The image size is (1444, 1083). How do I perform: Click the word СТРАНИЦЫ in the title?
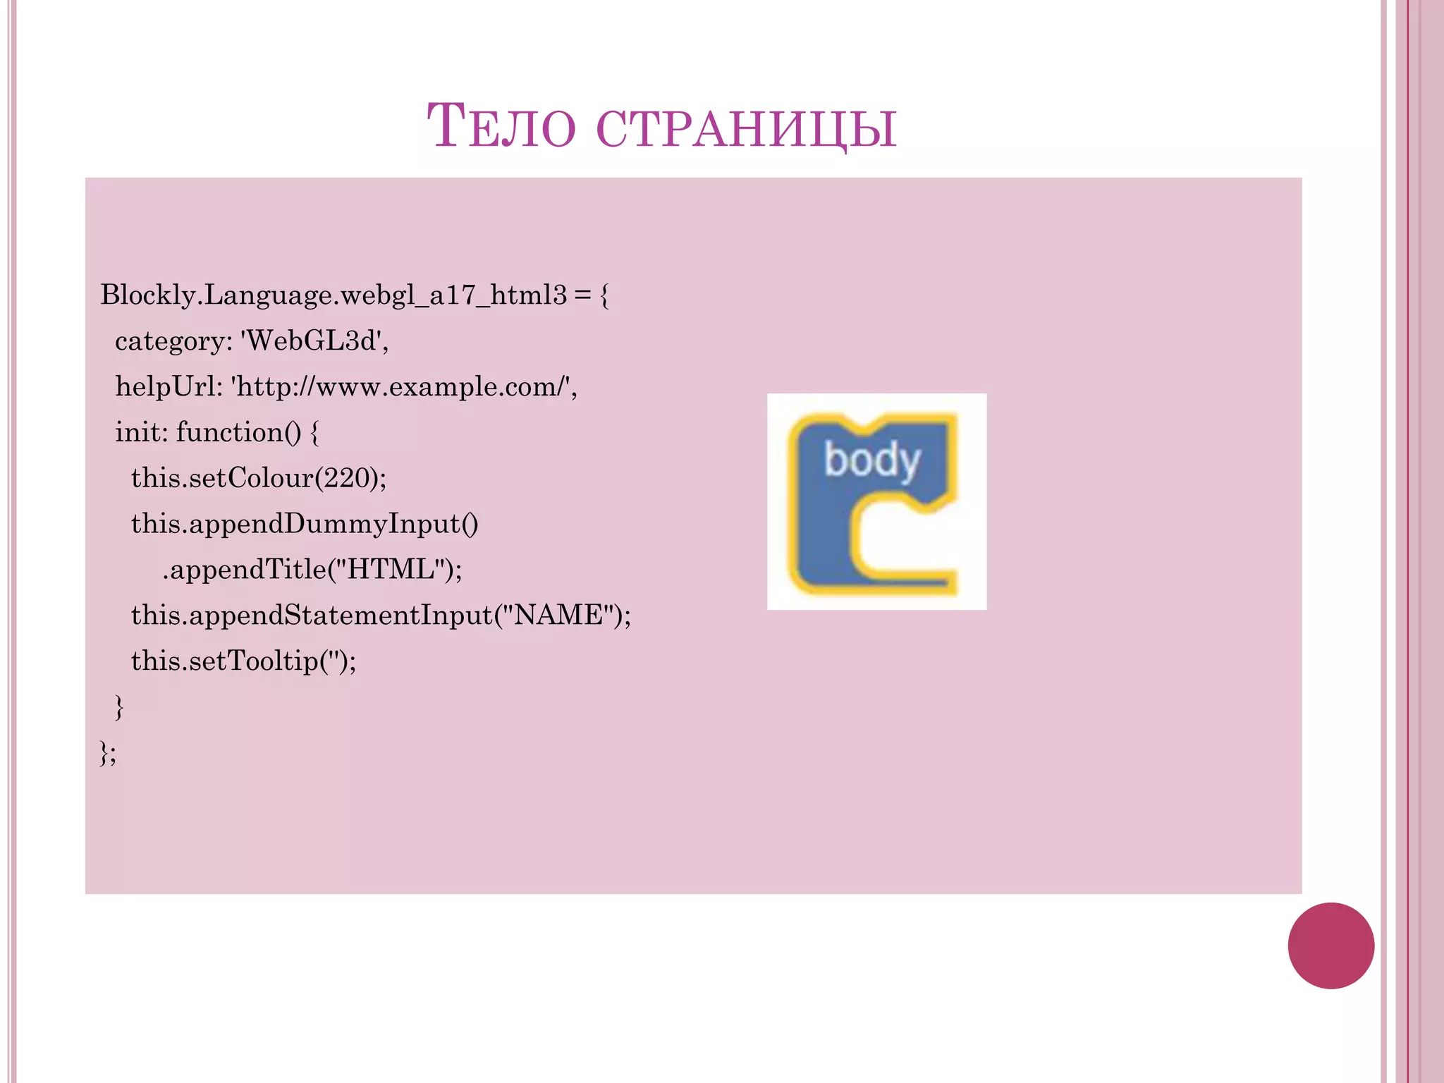[x=746, y=128]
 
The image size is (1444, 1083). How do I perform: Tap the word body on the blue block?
[x=872, y=461]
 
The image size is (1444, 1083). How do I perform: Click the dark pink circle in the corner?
[x=1330, y=946]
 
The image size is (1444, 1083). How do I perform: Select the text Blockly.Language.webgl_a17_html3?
[x=333, y=295]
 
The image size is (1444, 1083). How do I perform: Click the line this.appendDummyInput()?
[x=305, y=524]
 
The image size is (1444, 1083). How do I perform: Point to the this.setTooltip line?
[x=243, y=661]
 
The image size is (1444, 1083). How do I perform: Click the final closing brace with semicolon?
[x=108, y=753]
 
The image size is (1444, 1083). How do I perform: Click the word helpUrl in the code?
[x=168, y=386]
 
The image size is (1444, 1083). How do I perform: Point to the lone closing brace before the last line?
[x=118, y=706]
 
